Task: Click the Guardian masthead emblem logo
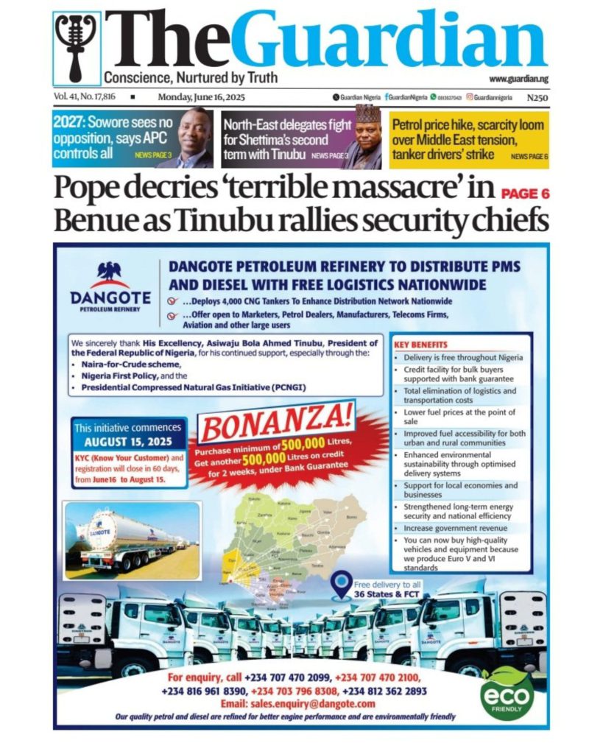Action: (x=77, y=47)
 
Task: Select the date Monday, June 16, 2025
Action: (x=201, y=97)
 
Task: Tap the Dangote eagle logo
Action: (x=110, y=273)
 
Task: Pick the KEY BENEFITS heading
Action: (x=420, y=344)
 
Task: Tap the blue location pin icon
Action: (x=340, y=585)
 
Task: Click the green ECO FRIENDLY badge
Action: (x=507, y=694)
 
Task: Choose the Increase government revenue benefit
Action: (x=456, y=528)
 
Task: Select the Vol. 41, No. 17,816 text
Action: (x=85, y=97)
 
